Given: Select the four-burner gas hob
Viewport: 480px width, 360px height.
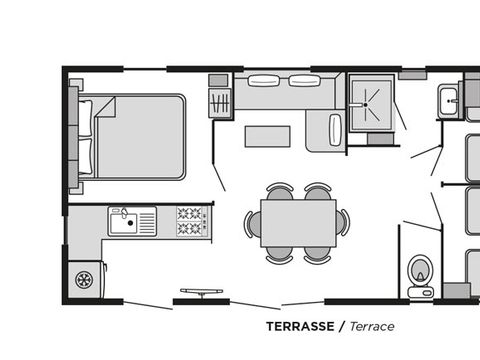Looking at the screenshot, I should tap(191, 221).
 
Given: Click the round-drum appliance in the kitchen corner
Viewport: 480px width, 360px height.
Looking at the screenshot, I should tap(85, 278).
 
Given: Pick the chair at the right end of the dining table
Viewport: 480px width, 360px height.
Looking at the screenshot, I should tap(342, 222).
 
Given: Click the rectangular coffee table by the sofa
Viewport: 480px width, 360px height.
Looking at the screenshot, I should tap(268, 134).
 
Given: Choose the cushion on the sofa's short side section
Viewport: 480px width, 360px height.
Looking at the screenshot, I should tap(334, 128).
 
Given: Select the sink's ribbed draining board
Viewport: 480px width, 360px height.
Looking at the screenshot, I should tap(147, 219).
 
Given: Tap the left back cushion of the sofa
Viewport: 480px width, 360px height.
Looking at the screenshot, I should tap(261, 81).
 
